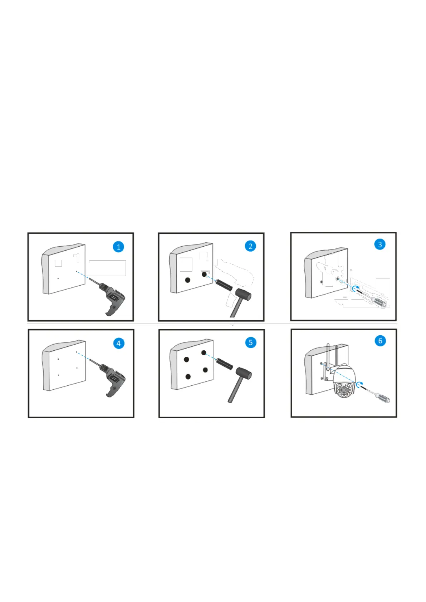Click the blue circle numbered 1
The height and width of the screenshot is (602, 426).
tap(118, 247)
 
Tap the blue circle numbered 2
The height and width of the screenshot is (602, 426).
tap(250, 246)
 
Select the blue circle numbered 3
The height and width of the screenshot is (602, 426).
tap(380, 244)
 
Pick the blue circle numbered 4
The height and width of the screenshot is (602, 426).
tap(119, 343)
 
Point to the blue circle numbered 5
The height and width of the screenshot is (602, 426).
tap(251, 342)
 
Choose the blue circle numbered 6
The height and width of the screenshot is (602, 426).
tap(380, 341)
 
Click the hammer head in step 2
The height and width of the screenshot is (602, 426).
tap(243, 294)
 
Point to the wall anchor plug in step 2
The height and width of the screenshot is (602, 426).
tap(224, 285)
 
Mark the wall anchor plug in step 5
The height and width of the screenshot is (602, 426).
tap(224, 364)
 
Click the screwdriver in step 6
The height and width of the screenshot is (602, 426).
tap(377, 394)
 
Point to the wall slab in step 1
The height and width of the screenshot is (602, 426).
tap(63, 269)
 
